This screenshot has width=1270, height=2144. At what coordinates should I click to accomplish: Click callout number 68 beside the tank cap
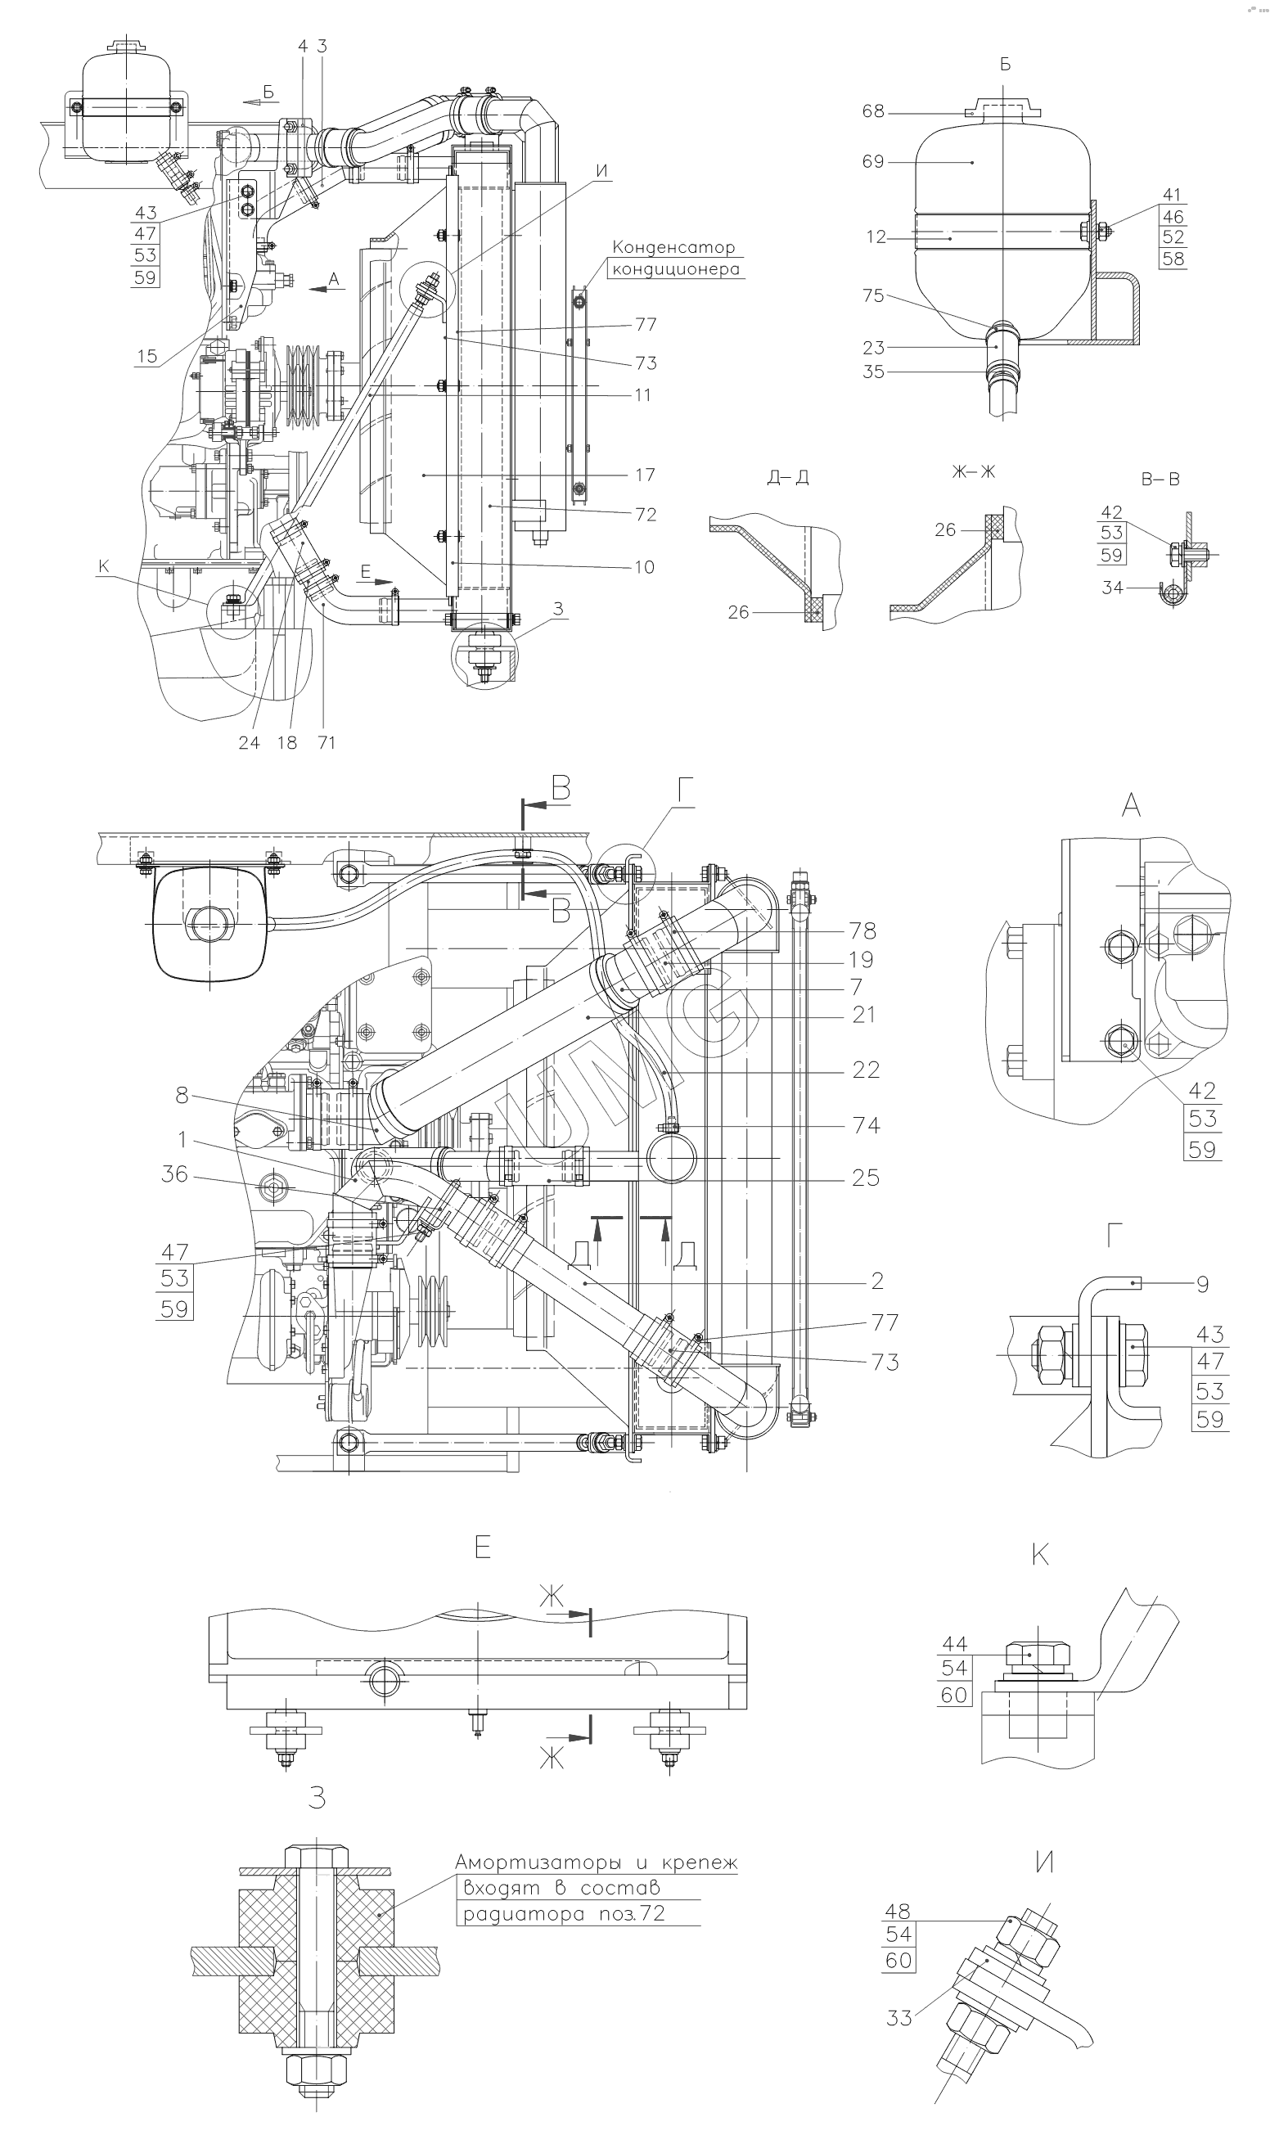tap(873, 112)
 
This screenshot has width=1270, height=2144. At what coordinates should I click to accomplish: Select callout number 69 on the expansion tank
tap(873, 162)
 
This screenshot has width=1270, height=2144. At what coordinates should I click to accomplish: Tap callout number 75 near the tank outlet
tap(873, 295)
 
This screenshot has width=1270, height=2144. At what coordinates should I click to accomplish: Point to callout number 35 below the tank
tap(873, 372)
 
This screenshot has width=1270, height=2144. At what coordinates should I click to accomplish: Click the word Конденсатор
tap(673, 247)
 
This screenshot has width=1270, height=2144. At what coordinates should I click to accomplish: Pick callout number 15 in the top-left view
tap(147, 356)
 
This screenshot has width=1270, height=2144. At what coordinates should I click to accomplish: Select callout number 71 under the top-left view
tap(326, 742)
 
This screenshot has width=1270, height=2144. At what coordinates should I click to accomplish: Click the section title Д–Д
tap(788, 477)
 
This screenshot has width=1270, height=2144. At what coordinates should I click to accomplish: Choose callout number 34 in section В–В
tap(1112, 588)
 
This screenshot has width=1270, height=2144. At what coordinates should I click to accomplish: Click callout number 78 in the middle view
tap(862, 930)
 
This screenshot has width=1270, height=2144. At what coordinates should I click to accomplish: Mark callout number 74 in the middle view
tap(866, 1125)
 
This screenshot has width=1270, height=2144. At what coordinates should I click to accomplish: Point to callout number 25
tap(865, 1178)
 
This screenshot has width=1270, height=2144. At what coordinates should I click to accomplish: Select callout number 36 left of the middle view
tap(174, 1173)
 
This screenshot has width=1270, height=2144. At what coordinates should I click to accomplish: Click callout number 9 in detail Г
tap(1202, 1283)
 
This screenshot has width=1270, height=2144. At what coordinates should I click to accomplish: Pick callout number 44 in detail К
tap(954, 1643)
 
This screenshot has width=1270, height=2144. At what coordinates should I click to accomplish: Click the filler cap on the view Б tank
tap(1003, 110)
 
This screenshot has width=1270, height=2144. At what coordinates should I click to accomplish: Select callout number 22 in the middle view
tap(866, 1070)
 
